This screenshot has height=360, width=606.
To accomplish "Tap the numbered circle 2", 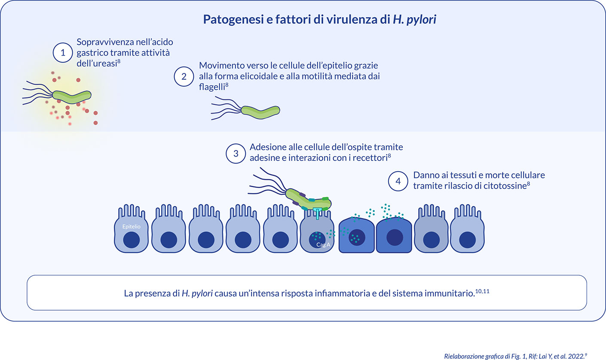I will (x=184, y=77).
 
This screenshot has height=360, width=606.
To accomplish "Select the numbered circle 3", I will (x=235, y=154).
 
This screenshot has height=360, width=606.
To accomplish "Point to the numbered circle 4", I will (x=398, y=181).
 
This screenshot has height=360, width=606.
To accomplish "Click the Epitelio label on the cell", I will (x=132, y=225).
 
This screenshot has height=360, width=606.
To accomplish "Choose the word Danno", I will (x=427, y=175).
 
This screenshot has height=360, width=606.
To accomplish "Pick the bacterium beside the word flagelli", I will (x=260, y=111).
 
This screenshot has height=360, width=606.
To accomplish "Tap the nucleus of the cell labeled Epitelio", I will (x=132, y=239).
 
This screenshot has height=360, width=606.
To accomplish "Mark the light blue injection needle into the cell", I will (x=317, y=212).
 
